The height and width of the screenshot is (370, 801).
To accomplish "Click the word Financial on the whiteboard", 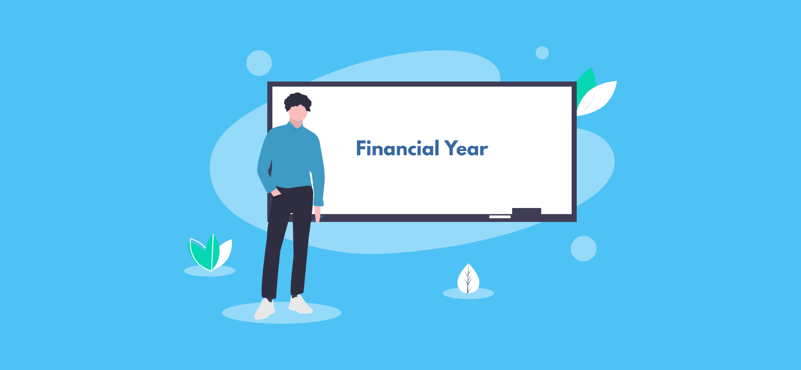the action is [x=397, y=148].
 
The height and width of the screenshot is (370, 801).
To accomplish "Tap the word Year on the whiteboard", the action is [x=466, y=148].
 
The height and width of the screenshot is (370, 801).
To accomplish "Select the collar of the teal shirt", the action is [x=295, y=126].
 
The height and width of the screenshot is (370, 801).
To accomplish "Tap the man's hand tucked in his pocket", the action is [x=276, y=193].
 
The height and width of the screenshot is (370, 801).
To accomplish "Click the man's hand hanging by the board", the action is [x=317, y=213].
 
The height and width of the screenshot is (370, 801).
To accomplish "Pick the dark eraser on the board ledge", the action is [x=526, y=211].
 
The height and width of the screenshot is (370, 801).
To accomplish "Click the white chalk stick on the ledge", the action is [x=500, y=217].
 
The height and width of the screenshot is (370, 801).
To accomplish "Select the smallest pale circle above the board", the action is [x=542, y=53].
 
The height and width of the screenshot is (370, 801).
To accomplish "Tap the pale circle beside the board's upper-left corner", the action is [x=259, y=63].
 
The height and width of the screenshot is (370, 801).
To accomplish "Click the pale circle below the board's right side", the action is [x=584, y=248].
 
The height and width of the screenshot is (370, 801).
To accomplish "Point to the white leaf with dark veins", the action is [x=469, y=279].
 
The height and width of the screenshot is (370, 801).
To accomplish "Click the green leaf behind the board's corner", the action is [x=585, y=85].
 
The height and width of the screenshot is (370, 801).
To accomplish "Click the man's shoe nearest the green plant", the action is [x=265, y=309].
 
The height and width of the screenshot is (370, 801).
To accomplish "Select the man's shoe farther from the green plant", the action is [x=300, y=304].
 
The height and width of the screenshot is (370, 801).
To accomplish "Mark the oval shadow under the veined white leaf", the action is [x=469, y=293].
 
